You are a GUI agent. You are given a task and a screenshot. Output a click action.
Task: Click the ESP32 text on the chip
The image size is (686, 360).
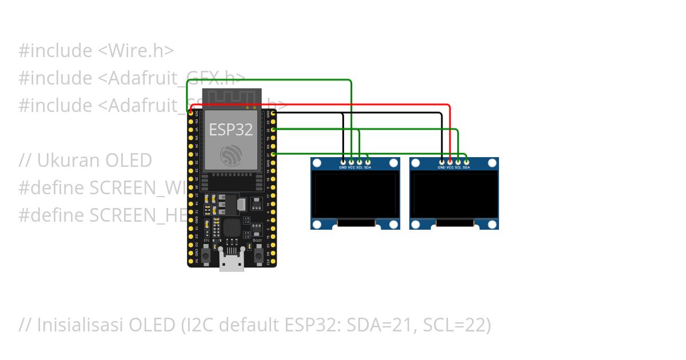[231, 130]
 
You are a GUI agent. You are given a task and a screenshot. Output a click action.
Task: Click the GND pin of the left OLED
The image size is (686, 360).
[342, 162]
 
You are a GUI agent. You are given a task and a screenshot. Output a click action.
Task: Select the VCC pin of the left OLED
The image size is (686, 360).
[351, 162]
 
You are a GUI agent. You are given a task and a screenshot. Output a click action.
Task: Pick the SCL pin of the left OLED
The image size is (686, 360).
[359, 162]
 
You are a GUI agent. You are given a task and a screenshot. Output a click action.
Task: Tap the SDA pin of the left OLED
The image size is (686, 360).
[368, 162]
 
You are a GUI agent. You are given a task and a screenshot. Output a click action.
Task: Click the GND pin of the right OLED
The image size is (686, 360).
[441, 162]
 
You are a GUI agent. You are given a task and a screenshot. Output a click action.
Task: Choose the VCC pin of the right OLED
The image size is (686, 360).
[450, 162]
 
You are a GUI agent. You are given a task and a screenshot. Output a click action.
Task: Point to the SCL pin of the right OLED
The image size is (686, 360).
[458, 162]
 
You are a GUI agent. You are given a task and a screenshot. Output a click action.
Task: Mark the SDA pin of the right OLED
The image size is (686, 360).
[466, 162]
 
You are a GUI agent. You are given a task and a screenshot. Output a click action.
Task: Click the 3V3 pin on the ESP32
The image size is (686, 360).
[190, 114]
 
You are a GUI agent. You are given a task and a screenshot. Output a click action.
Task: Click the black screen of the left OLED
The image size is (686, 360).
[355, 195]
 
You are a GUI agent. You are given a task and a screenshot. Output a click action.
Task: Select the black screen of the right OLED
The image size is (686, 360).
[454, 195]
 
